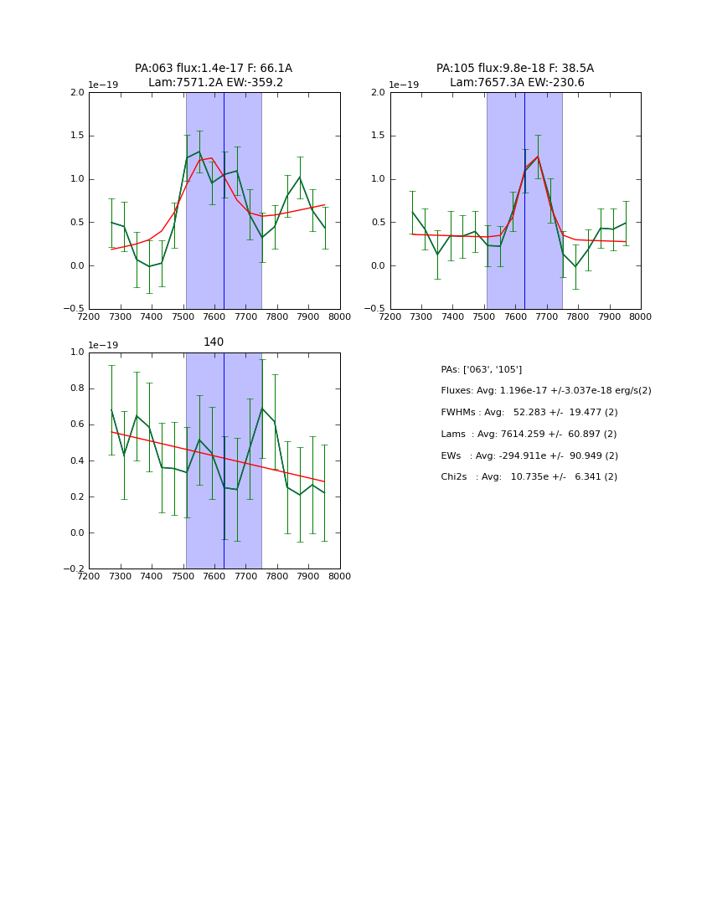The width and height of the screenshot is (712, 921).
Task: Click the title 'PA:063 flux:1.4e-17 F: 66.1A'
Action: [214, 69]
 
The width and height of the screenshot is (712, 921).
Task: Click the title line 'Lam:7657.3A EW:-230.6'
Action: [517, 83]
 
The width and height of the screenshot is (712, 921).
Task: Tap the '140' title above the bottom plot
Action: [214, 342]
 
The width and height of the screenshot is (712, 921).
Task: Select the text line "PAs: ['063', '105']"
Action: [481, 370]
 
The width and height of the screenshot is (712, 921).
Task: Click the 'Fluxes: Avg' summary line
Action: [545, 391]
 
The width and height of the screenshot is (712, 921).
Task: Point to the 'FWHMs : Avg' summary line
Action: [529, 413]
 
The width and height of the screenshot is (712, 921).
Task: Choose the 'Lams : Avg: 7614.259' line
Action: [529, 435]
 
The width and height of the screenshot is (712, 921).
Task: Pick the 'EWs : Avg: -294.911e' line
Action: [529, 456]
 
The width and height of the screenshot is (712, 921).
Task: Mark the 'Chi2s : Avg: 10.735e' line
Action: [529, 477]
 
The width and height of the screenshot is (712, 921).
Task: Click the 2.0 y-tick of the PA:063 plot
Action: [77, 93]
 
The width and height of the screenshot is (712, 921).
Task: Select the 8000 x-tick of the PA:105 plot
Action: [641, 317]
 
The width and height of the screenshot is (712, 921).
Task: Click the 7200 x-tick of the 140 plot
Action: [89, 577]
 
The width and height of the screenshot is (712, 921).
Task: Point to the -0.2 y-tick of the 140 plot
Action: [75, 569]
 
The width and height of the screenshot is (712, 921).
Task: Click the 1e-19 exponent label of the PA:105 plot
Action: [404, 85]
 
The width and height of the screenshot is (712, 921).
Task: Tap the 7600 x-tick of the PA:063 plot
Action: [214, 317]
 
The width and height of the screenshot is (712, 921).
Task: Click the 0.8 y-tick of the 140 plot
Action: [77, 388]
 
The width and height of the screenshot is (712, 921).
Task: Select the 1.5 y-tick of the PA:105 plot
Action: [379, 136]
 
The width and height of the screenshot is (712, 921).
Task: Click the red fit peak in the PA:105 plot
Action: [538, 157]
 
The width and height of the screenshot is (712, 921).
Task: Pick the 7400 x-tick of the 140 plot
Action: [152, 577]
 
